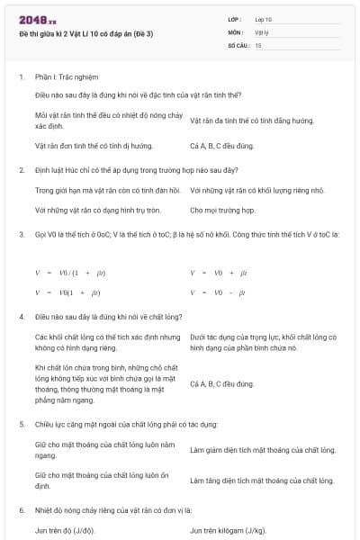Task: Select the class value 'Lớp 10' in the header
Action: (264, 18)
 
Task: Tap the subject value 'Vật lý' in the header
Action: (262, 31)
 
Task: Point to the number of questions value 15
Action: (258, 43)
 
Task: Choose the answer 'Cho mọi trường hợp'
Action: (222, 211)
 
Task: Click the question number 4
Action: (22, 317)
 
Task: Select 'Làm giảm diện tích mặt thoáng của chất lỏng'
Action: (263, 449)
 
